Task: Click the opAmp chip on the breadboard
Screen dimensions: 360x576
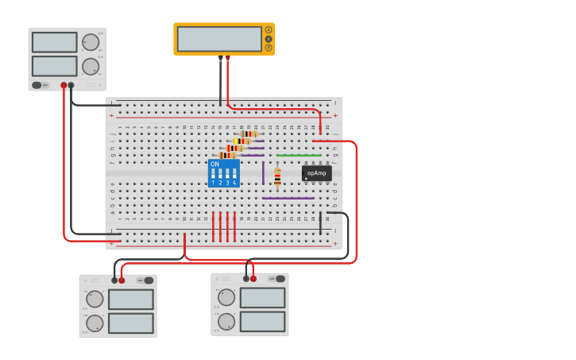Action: [x=316, y=172]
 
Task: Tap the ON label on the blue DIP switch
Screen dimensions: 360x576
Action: [x=215, y=165]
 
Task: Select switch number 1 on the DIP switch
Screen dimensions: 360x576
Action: [x=213, y=174]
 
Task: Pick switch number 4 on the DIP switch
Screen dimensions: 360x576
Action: [x=234, y=174]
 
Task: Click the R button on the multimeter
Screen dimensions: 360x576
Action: [x=269, y=48]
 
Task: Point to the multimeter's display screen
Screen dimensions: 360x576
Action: [x=219, y=39]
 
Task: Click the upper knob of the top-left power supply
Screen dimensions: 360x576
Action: [x=91, y=42]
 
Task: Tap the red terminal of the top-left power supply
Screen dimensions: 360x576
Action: [x=64, y=85]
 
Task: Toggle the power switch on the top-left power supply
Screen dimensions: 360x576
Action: [x=37, y=85]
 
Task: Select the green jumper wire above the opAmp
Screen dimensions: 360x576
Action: [x=299, y=155]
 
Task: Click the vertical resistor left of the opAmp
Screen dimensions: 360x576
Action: [x=277, y=177]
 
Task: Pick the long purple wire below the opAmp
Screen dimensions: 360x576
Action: [x=288, y=198]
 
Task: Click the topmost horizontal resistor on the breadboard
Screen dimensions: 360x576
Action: [x=249, y=134]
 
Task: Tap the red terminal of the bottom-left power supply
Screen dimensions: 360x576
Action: [x=122, y=280]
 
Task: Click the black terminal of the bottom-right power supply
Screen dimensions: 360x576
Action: [x=246, y=279]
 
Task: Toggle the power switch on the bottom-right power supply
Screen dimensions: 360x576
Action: [x=280, y=279]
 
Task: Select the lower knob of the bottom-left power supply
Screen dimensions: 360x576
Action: [x=95, y=323]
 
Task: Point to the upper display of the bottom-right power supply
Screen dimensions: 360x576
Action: [x=262, y=298]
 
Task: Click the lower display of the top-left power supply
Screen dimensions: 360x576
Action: [x=55, y=66]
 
